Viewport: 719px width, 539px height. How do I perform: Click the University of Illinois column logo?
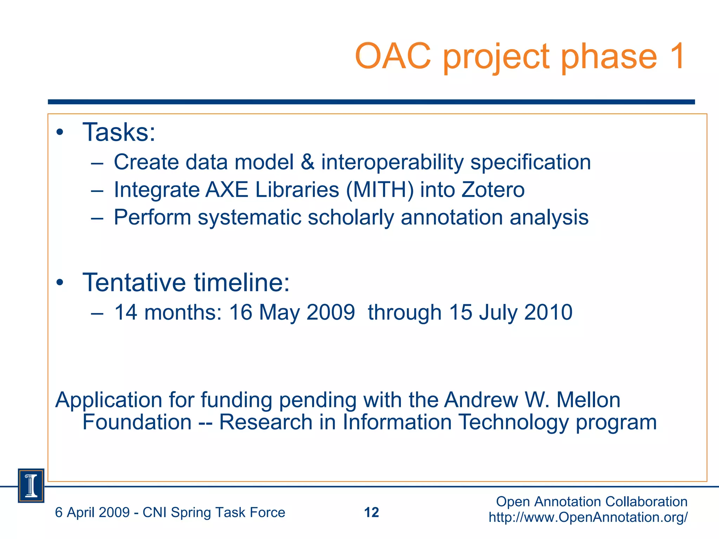click(x=31, y=486)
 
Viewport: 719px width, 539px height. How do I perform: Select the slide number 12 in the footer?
click(x=371, y=512)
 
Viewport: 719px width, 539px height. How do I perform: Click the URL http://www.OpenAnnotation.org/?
click(x=588, y=517)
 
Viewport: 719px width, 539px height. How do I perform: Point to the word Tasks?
click(x=119, y=133)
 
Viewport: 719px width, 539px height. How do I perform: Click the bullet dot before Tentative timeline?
click(x=60, y=282)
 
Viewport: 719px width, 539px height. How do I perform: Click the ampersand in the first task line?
click(x=308, y=162)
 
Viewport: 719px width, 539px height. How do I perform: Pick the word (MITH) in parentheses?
click(x=380, y=190)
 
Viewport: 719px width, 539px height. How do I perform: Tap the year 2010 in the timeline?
click(x=548, y=312)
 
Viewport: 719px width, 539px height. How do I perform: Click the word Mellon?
click(x=588, y=400)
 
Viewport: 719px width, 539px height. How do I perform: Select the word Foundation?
click(x=137, y=422)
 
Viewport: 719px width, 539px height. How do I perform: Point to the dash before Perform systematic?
click(x=97, y=218)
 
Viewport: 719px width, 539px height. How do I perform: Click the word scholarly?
click(x=351, y=218)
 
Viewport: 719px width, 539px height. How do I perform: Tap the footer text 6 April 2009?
click(x=92, y=512)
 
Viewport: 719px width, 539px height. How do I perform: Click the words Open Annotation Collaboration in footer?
click(x=592, y=502)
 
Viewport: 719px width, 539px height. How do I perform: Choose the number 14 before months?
click(x=126, y=312)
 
